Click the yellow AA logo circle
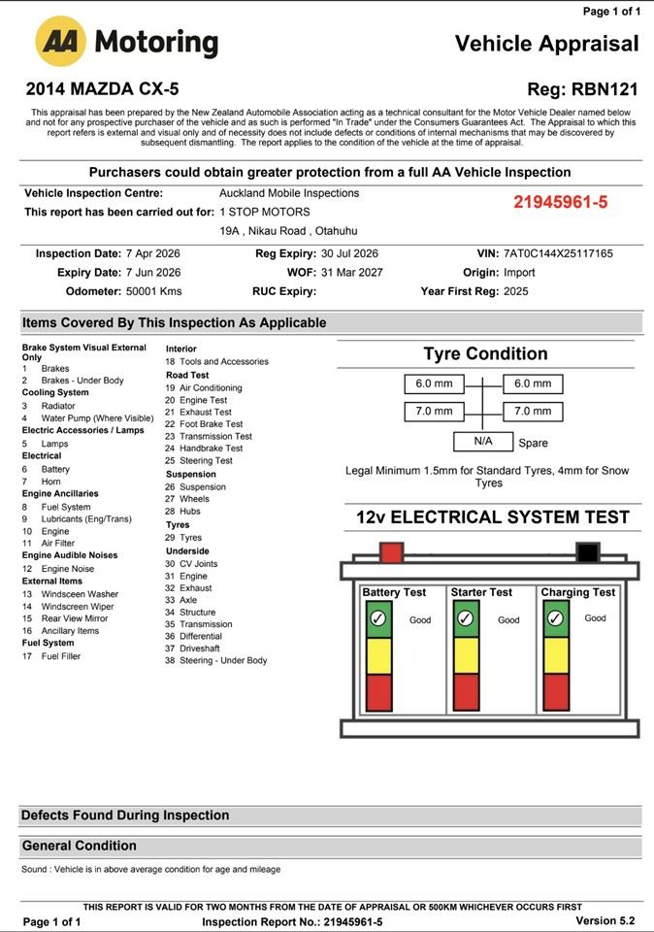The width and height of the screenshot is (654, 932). point(61,42)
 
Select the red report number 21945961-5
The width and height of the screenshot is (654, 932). point(560,202)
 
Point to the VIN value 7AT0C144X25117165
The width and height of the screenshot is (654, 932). point(558,253)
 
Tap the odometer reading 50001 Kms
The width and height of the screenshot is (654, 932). point(153,291)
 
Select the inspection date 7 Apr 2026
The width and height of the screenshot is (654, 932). point(152,253)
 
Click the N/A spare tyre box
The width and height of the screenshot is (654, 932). point(483,442)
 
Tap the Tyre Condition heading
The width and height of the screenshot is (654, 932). point(485,353)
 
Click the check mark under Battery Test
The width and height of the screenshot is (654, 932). point(378,618)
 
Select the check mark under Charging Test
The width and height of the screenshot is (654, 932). point(555,618)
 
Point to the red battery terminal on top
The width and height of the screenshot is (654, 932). point(391,553)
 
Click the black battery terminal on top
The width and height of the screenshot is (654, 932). point(587,553)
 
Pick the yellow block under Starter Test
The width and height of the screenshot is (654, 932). point(466,654)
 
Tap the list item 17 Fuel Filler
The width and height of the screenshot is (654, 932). point(60,656)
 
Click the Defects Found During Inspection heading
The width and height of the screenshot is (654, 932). point(125,815)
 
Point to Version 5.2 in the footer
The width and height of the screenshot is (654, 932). point(605,920)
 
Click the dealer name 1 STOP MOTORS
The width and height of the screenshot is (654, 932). point(265,212)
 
